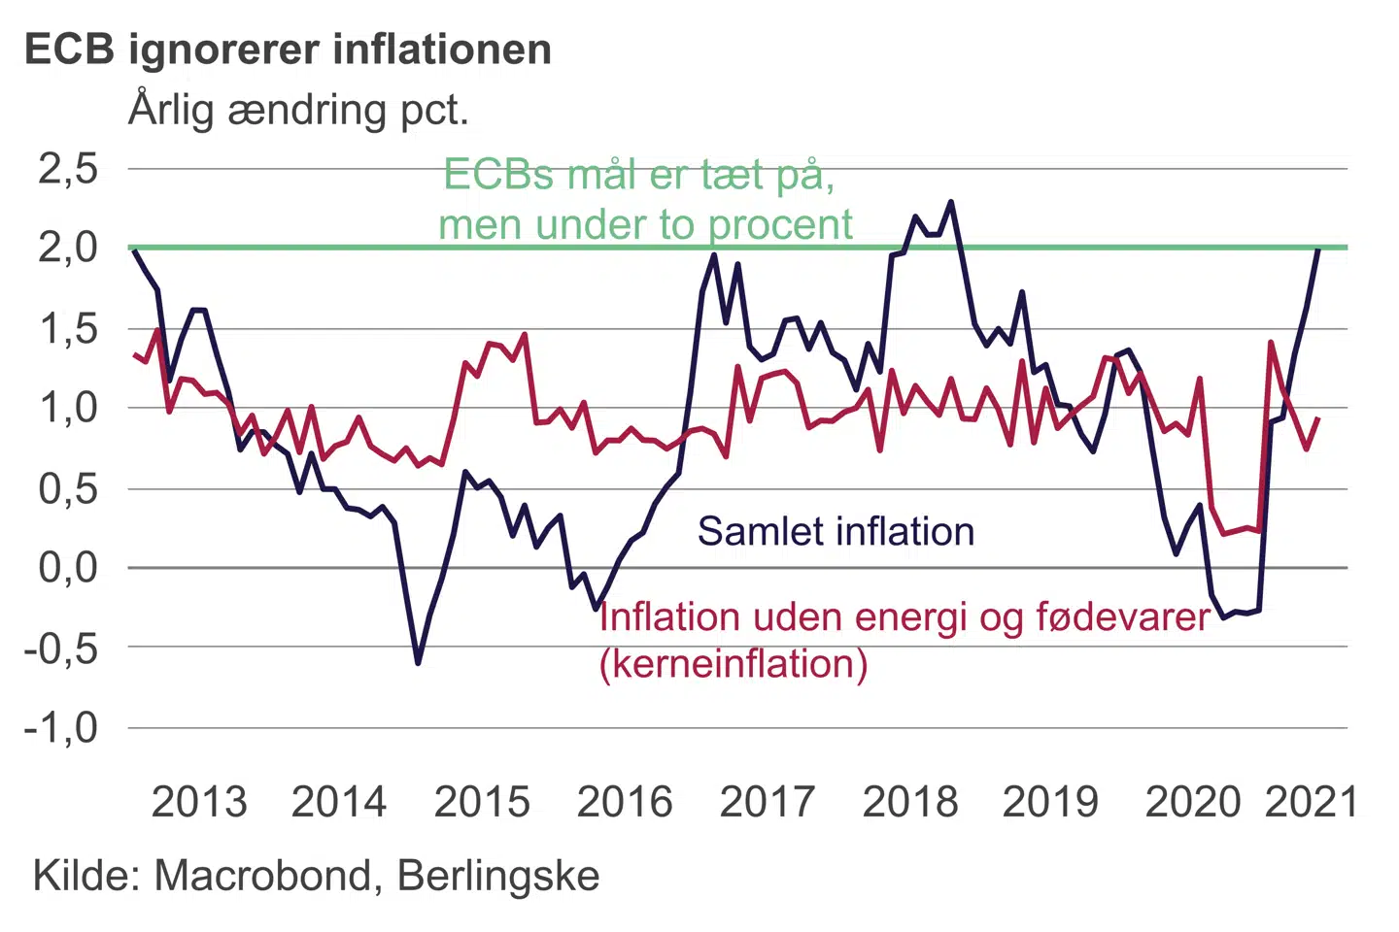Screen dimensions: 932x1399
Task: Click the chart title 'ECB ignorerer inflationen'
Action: (x=288, y=50)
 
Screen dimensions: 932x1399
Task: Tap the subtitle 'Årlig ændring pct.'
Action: (x=298, y=110)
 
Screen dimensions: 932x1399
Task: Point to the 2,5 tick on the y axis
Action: (x=68, y=169)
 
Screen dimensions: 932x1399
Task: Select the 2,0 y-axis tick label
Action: (x=68, y=248)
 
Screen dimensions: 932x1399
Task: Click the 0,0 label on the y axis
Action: (x=68, y=567)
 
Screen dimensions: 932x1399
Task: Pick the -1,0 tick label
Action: (x=61, y=727)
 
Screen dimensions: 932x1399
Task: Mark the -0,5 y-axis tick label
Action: (x=61, y=648)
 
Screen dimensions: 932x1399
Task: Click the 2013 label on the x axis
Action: (x=199, y=802)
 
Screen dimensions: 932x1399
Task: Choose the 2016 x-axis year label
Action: (x=625, y=802)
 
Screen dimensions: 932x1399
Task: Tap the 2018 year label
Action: (x=909, y=802)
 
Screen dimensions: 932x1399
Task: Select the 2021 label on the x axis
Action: (x=1312, y=802)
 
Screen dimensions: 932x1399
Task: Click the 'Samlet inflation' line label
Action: (x=836, y=532)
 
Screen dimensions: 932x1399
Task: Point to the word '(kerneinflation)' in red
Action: (x=734, y=664)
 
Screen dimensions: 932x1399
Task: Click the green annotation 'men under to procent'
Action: (x=645, y=225)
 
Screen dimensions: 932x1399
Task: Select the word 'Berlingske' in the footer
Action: (x=498, y=876)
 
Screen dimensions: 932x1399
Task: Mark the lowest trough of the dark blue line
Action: (x=418, y=663)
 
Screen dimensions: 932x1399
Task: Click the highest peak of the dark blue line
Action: (x=951, y=202)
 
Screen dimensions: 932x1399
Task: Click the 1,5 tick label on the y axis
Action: (x=68, y=329)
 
